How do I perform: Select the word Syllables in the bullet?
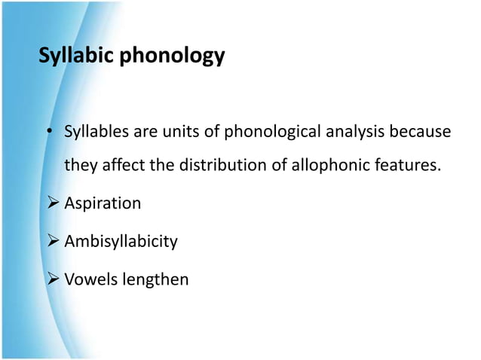tap(96, 133)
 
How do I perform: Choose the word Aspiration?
tap(103, 203)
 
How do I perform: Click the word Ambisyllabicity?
tap(121, 242)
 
